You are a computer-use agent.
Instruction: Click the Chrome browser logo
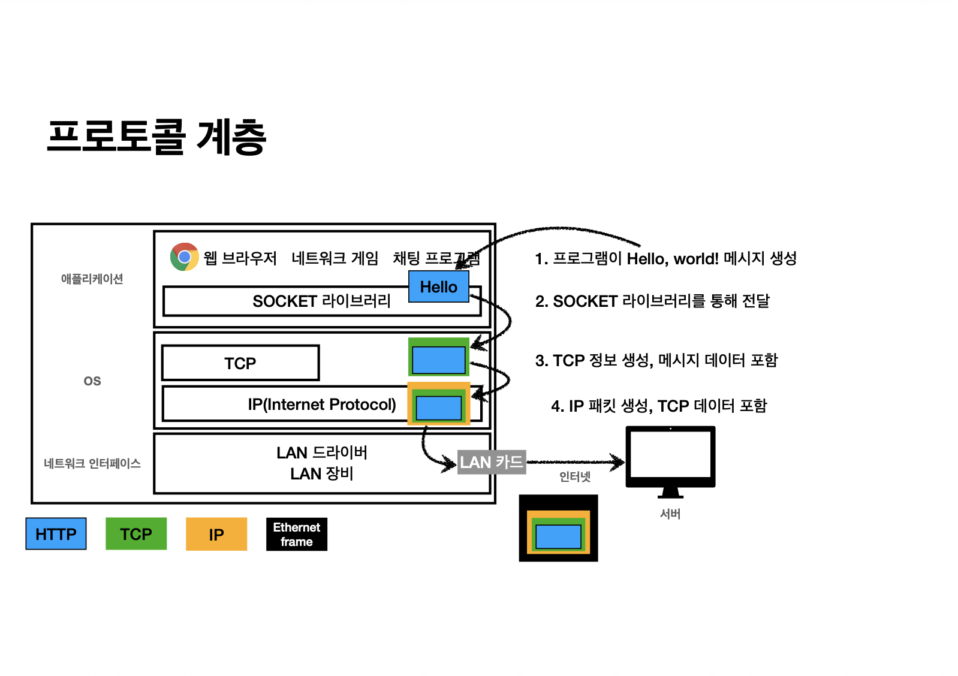coord(184,257)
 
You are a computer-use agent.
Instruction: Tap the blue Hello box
coord(438,286)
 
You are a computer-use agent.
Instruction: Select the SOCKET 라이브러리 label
coord(321,301)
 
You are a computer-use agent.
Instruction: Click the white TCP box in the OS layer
coord(240,363)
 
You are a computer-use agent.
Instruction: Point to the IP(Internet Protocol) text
coord(322,405)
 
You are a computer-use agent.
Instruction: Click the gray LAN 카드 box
coord(492,462)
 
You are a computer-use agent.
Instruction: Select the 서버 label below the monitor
coord(670,514)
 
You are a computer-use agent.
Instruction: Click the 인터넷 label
coord(575,476)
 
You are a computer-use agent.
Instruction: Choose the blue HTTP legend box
coord(56,533)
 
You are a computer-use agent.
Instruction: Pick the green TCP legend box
coord(136,533)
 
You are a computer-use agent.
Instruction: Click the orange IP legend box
coord(216,534)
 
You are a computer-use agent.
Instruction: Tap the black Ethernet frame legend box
coord(297,534)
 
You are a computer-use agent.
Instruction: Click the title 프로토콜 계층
coord(157,137)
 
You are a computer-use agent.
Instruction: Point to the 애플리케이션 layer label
coord(92,279)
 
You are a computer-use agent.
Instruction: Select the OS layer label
coord(92,381)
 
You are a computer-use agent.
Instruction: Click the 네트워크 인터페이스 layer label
coord(92,463)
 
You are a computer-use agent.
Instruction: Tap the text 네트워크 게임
coord(335,258)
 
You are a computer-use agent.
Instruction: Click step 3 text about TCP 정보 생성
coord(656,360)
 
